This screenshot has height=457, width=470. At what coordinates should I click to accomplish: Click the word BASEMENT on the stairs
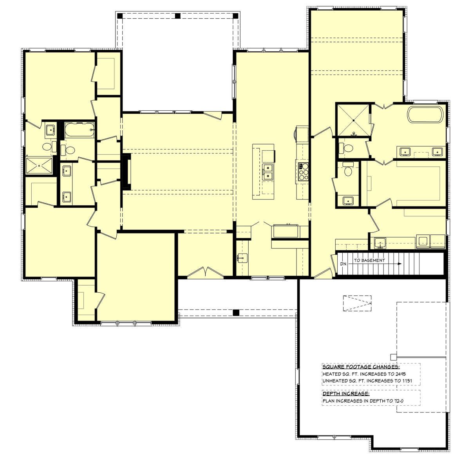coord(376,260)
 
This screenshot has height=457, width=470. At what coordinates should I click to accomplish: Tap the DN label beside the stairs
coord(343,264)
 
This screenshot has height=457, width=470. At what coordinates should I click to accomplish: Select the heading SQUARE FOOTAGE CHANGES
coord(361,367)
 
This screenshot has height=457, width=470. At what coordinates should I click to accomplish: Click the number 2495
coord(400,374)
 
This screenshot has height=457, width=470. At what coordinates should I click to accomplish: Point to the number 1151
coord(407,381)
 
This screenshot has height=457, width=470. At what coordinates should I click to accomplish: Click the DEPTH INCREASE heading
coord(346,394)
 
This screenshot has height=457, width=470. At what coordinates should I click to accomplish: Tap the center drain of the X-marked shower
coord(353,120)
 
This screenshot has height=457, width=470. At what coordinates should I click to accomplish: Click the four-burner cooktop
coord(304,171)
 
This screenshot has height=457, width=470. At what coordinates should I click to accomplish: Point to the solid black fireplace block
coord(126,171)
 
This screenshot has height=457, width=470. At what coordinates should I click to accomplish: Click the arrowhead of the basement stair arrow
coord(399,264)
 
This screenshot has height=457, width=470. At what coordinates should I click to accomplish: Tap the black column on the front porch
coord(236,313)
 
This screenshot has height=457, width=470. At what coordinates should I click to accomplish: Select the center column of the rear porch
coord(178,16)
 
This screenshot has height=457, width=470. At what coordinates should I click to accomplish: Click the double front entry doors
coord(205,272)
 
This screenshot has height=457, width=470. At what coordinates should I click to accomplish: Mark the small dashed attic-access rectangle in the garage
coord(357,303)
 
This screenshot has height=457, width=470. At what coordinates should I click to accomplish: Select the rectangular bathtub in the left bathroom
coord(79,130)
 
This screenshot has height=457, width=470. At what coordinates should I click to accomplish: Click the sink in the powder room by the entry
coord(242,258)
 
